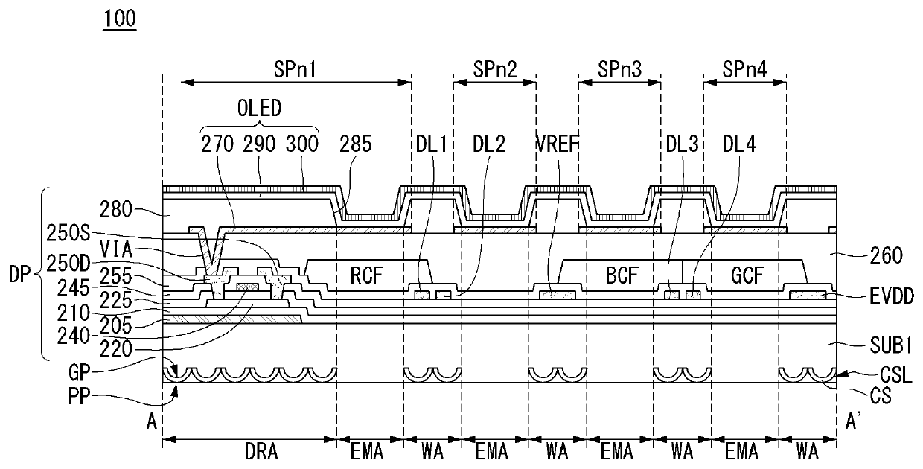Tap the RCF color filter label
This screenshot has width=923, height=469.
[x=367, y=277]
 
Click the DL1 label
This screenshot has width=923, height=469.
[x=431, y=143]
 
